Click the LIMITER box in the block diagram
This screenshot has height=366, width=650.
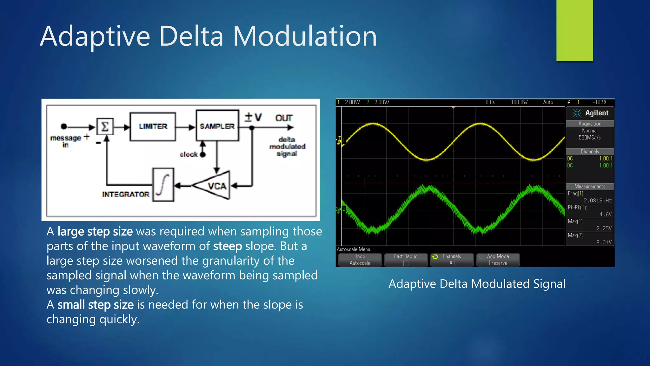point(153,127)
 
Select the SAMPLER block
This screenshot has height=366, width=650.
point(217,126)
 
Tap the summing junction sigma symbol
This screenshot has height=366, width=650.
point(105,127)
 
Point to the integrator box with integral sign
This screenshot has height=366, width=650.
point(163,185)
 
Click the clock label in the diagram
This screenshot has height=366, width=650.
point(189,155)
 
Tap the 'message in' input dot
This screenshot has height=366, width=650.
point(64,127)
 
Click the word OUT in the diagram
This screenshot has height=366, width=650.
point(284,119)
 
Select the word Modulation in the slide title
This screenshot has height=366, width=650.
point(305,36)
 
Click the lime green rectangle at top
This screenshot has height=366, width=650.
point(574,30)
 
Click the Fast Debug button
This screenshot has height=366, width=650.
point(406,260)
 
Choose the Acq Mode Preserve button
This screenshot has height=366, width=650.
point(498,260)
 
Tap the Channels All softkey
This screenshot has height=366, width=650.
point(452,260)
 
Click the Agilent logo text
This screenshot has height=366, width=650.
point(596,113)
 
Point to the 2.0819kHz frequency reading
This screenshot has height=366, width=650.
point(597,200)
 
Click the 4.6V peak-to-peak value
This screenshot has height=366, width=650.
point(605,214)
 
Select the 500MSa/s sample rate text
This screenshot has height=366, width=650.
point(589,138)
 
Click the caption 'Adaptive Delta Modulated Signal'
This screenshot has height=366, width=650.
point(477,284)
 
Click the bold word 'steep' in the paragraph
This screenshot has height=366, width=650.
point(227,246)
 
